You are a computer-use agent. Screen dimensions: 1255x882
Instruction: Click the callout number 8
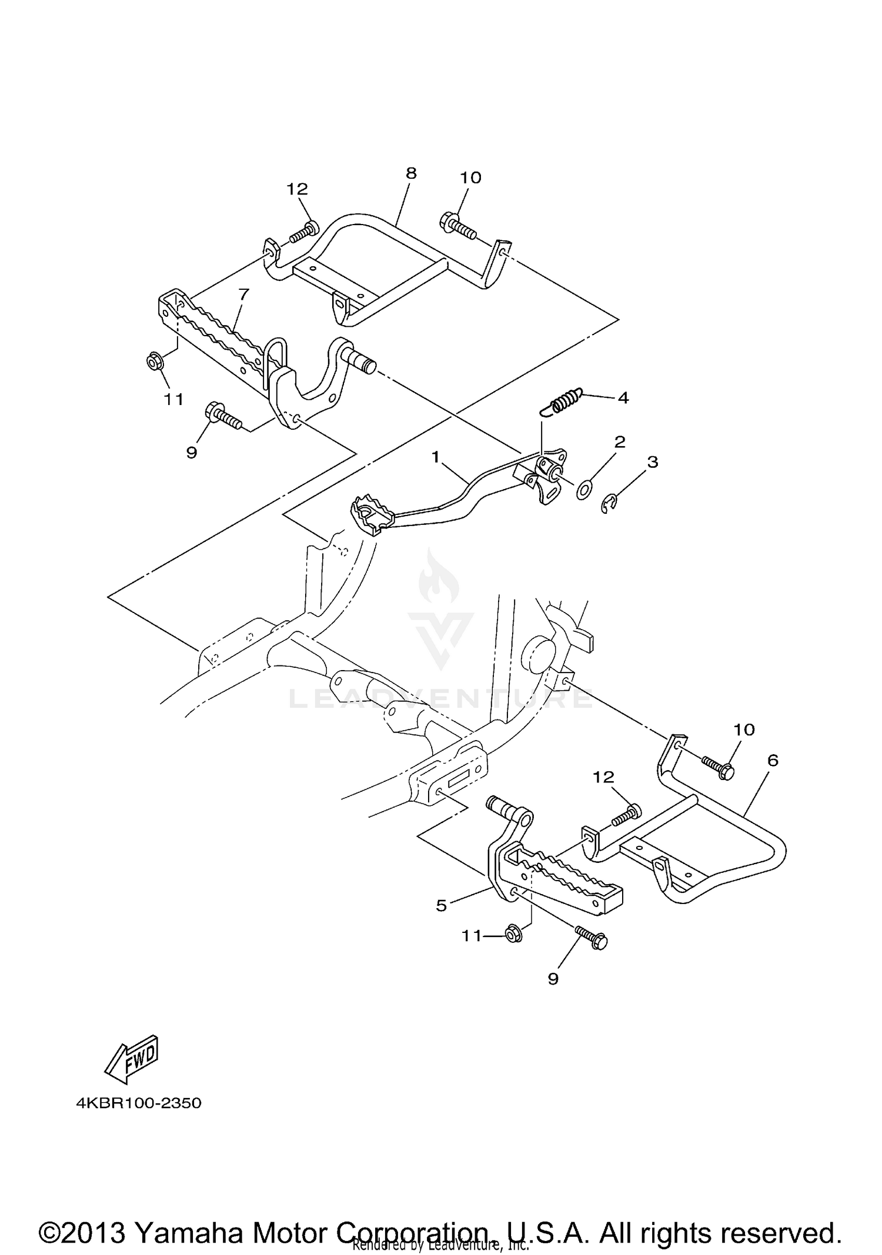(x=411, y=173)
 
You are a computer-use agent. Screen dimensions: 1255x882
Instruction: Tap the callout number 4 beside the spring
(x=623, y=398)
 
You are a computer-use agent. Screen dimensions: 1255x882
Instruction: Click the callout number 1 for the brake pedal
(x=436, y=456)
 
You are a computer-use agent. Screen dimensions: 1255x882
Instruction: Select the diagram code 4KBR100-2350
(x=139, y=1103)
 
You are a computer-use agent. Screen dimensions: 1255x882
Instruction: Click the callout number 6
(x=773, y=761)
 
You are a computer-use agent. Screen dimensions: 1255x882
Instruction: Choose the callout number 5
(x=441, y=906)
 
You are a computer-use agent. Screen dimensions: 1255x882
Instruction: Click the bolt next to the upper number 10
(x=456, y=226)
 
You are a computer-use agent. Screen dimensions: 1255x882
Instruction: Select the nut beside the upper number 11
(x=154, y=362)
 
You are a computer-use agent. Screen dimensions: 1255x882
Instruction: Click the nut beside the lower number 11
(x=513, y=934)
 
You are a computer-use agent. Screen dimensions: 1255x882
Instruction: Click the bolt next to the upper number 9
(x=223, y=416)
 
